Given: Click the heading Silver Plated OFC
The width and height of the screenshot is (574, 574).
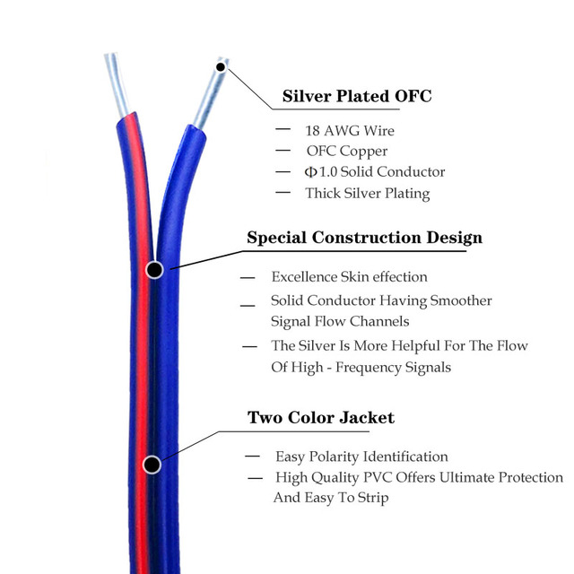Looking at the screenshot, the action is (x=357, y=96).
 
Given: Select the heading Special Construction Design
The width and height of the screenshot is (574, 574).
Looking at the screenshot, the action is (x=365, y=238).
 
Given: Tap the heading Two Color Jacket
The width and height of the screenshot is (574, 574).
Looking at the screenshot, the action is (x=321, y=417).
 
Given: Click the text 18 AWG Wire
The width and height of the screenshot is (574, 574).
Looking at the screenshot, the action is (x=350, y=131).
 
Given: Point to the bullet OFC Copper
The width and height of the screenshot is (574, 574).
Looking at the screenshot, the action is (x=347, y=152).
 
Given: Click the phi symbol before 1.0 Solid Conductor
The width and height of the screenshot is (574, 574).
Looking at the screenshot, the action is (x=310, y=171).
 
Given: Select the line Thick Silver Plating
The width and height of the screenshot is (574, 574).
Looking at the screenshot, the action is (x=368, y=194).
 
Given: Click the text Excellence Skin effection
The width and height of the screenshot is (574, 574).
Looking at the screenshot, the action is (x=349, y=277).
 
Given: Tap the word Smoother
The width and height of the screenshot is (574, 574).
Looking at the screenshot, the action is (x=461, y=300).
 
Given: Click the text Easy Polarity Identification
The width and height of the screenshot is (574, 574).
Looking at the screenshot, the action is (x=361, y=457).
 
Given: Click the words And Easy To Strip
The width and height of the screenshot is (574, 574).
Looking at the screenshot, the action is (x=331, y=498).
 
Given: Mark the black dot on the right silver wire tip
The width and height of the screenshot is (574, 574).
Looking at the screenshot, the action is (x=221, y=67).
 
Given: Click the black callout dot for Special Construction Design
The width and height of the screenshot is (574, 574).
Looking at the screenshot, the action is (x=154, y=270).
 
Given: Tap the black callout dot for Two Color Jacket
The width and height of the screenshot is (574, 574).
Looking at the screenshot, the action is (x=152, y=465).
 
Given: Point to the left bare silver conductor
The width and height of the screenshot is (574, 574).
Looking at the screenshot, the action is (x=117, y=85).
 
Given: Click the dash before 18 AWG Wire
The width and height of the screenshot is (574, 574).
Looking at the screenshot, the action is (x=283, y=129).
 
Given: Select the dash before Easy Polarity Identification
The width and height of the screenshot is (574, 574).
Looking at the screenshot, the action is (x=252, y=457).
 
